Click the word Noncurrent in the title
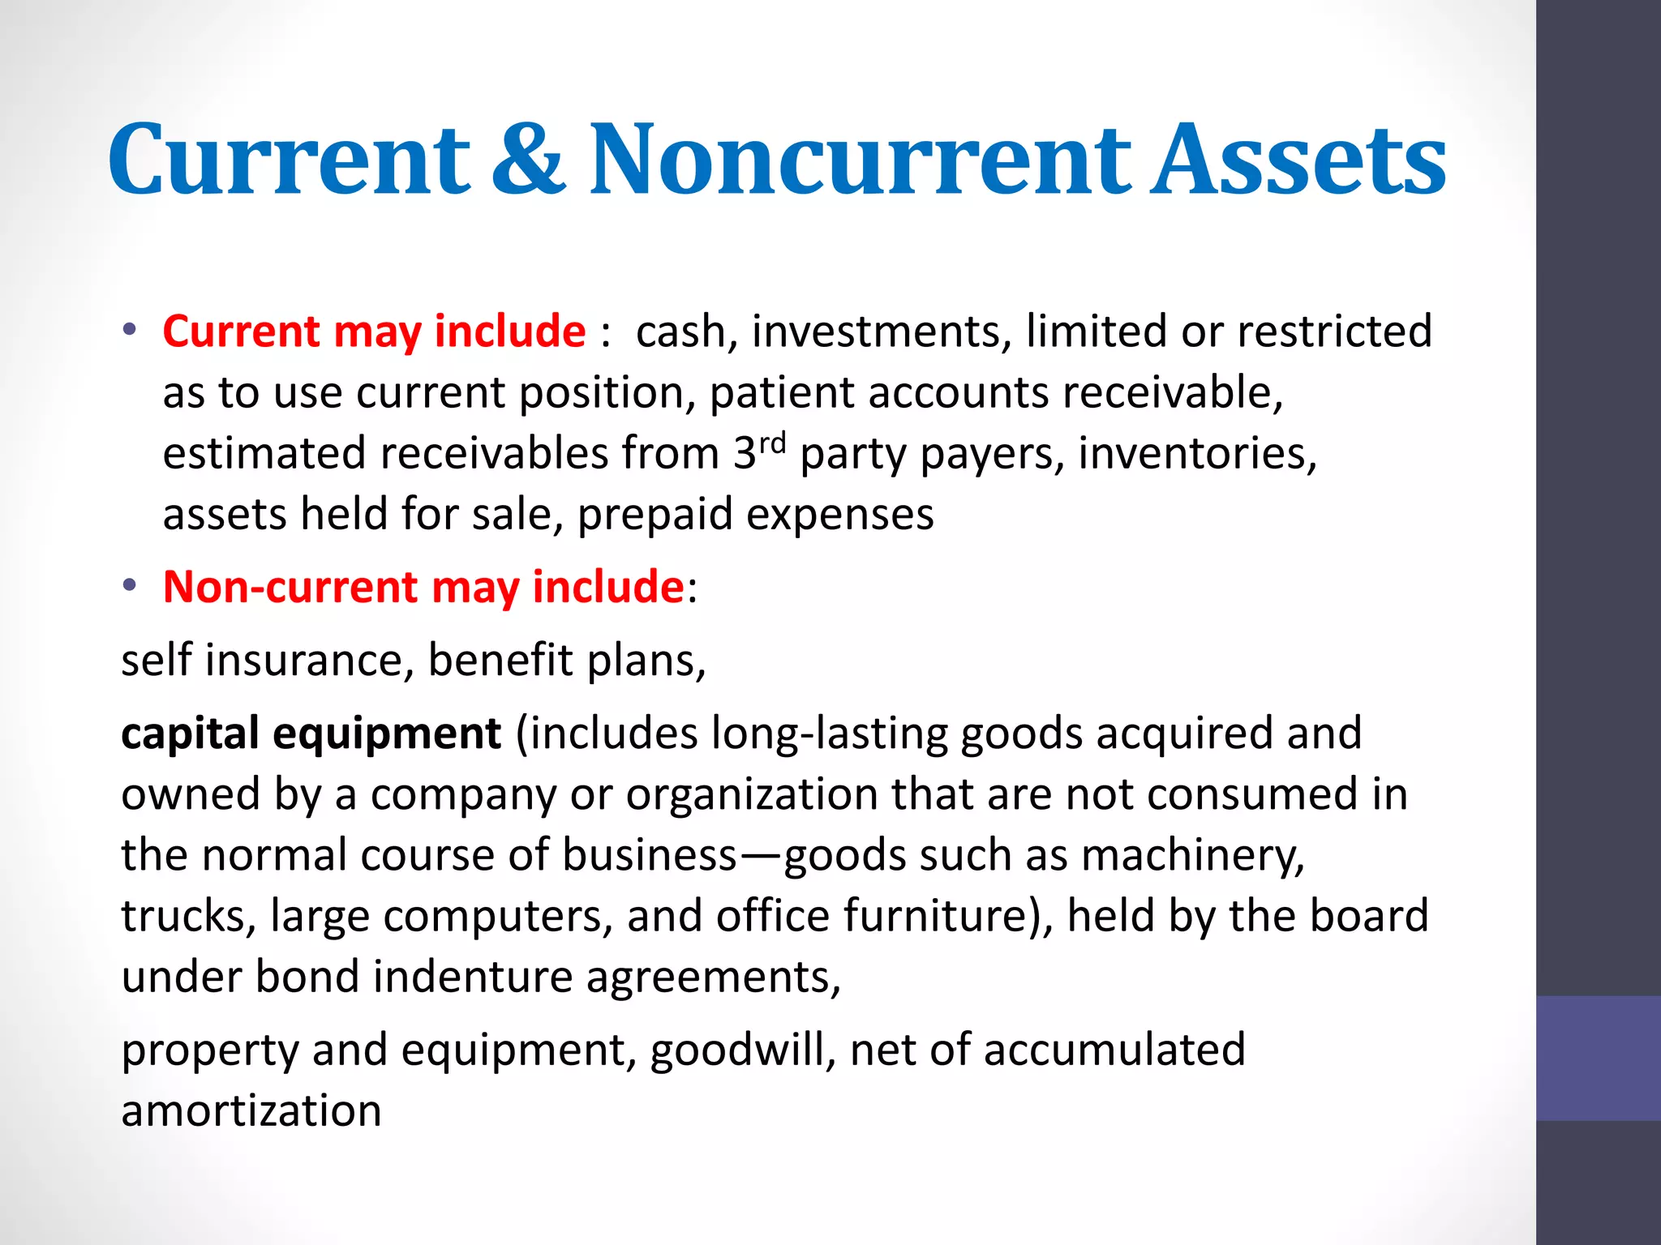coord(860,160)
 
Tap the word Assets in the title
coord(1298,160)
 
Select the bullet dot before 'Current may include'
coord(130,330)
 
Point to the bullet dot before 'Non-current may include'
coord(130,585)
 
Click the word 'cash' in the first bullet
coord(680,332)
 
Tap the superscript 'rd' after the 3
coord(772,443)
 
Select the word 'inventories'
coord(1196,453)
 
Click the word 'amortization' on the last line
coord(251,1110)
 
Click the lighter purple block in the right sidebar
coord(1598,1058)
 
